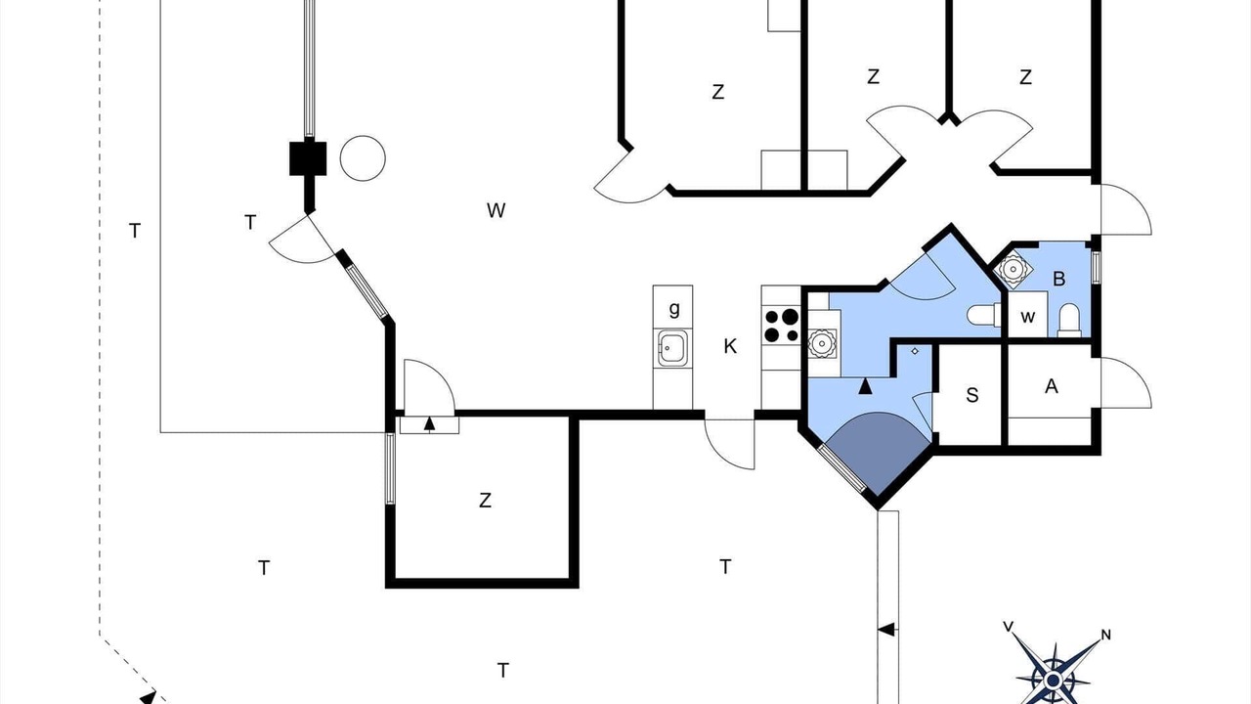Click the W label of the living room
[496, 210]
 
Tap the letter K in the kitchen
[730, 346]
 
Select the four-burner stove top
[782, 326]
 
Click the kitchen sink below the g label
[672, 348]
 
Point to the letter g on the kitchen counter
[674, 308]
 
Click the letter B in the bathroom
[1058, 279]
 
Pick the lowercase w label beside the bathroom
[1027, 317]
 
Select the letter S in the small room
[972, 395]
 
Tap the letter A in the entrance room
[1051, 386]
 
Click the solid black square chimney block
[308, 158]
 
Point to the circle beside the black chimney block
[363, 158]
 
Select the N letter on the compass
[1105, 635]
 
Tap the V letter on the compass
[1008, 627]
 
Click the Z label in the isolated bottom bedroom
[485, 500]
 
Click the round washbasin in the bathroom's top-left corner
[1012, 269]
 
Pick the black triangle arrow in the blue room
[865, 386]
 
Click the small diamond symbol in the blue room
[915, 351]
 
